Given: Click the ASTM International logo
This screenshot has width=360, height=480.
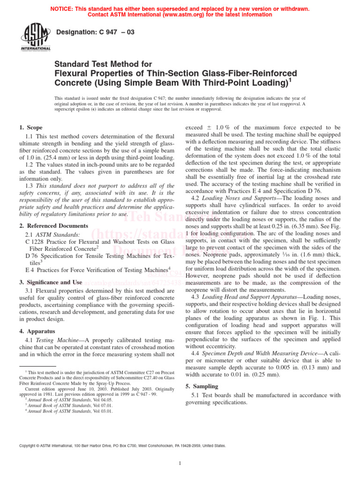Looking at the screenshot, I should [35, 37].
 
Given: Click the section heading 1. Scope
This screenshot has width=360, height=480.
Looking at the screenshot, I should [31, 127].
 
